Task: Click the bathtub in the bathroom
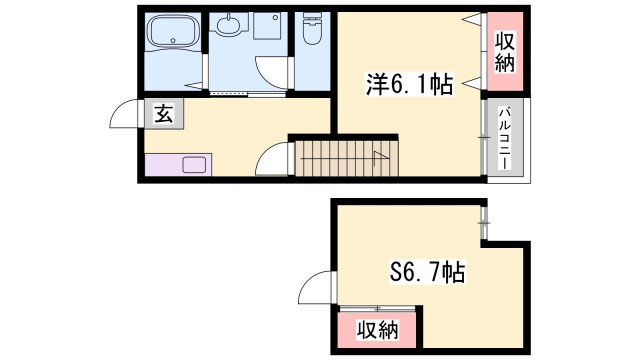pyautogui.click(x=173, y=30)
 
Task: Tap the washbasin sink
pyautogui.click(x=229, y=24)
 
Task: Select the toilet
pyautogui.click(x=312, y=28)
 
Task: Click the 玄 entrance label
pyautogui.click(x=164, y=114)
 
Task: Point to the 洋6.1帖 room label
pyautogui.click(x=409, y=84)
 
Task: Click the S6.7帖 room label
pyautogui.click(x=427, y=271)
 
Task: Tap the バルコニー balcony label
pyautogui.click(x=505, y=138)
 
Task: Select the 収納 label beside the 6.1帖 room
pyautogui.click(x=505, y=52)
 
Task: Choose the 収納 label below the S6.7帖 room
pyautogui.click(x=378, y=330)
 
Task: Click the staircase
pyautogui.click(x=347, y=159)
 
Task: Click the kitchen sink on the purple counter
pyautogui.click(x=194, y=164)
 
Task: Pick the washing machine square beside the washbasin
pyautogui.click(x=267, y=26)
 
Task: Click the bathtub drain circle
pyautogui.click(x=173, y=40)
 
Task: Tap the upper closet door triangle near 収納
pyautogui.click(x=473, y=18)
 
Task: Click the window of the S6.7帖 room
pyautogui.click(x=484, y=223)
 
